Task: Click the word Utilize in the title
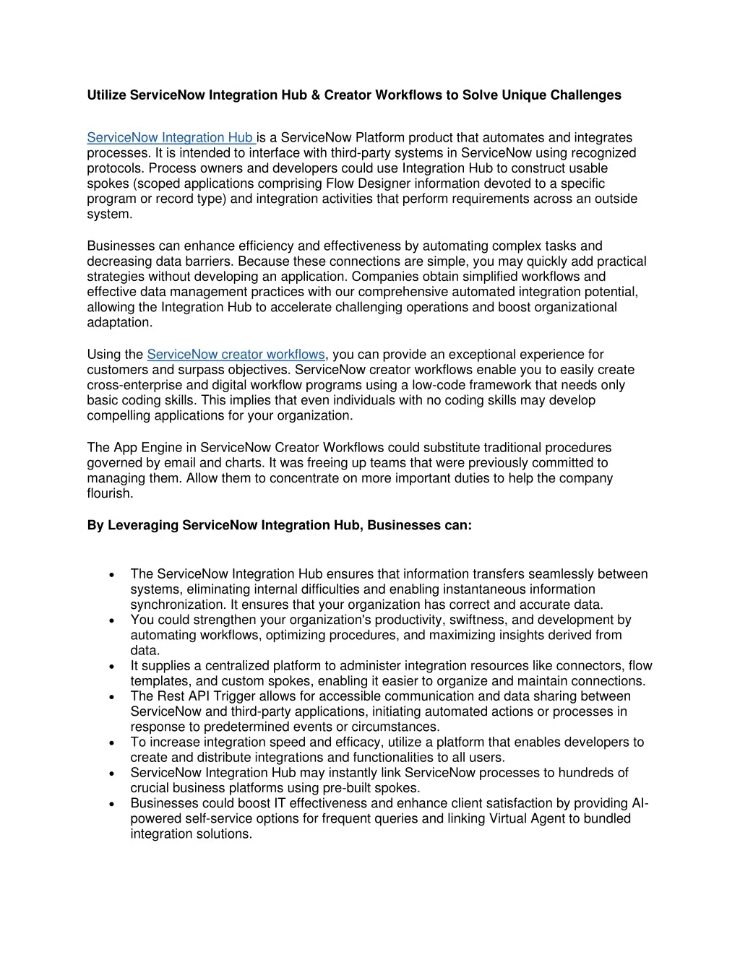tap(107, 95)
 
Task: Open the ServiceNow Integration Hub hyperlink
tap(171, 138)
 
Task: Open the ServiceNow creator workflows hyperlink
tap(236, 355)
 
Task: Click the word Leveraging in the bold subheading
tap(144, 525)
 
